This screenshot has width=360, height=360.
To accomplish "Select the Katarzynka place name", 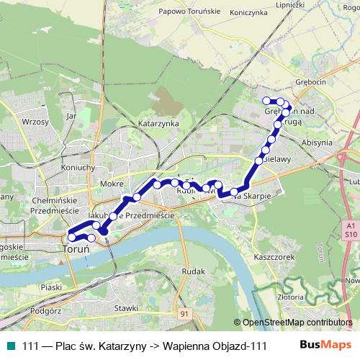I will pos(158,123).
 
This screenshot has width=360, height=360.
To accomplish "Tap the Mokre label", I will pos(112,184).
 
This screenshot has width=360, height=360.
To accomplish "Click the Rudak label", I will pos(193,271).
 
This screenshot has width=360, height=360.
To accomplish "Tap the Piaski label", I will pos(51,287).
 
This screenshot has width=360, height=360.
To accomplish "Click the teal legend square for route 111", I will pos(10,346).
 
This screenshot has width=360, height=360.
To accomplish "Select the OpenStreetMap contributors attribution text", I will pos(297,323).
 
